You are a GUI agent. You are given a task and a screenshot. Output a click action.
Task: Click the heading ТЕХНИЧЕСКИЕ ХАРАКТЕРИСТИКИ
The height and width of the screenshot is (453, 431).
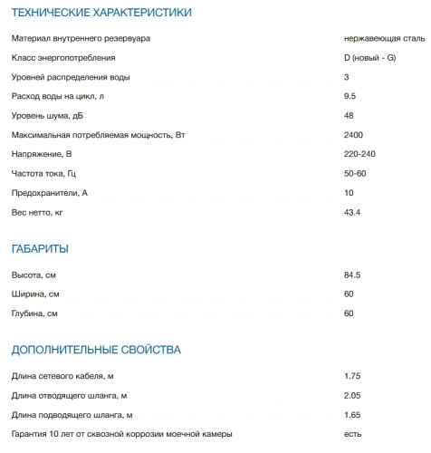pyautogui.click(x=101, y=13)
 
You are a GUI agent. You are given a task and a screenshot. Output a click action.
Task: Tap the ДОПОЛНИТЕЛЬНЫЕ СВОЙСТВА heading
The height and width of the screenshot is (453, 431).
pyautogui.click(x=95, y=349)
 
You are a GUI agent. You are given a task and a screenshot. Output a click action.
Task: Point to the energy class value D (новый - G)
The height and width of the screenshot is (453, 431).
pyautogui.click(x=369, y=57)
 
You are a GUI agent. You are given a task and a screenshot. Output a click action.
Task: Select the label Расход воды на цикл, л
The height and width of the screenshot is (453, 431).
pyautogui.click(x=58, y=96)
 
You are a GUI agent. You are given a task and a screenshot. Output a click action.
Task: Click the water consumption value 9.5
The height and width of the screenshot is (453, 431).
pyautogui.click(x=350, y=96)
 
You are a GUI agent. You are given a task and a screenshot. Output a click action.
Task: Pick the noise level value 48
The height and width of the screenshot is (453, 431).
pyautogui.click(x=349, y=115)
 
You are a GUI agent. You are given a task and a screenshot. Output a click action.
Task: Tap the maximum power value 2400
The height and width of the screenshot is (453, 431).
pyautogui.click(x=353, y=135)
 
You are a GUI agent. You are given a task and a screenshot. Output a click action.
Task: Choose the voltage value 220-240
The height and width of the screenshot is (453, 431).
pyautogui.click(x=359, y=154)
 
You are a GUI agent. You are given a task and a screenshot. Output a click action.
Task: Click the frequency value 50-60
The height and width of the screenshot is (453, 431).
pyautogui.click(x=355, y=173)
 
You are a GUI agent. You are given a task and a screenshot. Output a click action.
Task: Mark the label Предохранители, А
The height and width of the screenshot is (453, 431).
pyautogui.click(x=49, y=193)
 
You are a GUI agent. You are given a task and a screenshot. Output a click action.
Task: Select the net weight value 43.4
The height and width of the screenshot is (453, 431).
pyautogui.click(x=352, y=212)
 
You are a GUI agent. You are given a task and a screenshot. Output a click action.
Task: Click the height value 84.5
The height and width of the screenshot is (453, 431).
pyautogui.click(x=352, y=275)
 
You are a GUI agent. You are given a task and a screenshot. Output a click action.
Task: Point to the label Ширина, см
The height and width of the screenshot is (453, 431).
pyautogui.click(x=35, y=294)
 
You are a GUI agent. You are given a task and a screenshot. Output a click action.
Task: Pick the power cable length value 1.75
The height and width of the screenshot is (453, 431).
pyautogui.click(x=352, y=376)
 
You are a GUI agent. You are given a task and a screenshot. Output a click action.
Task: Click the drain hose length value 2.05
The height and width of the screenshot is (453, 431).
pyautogui.click(x=352, y=395)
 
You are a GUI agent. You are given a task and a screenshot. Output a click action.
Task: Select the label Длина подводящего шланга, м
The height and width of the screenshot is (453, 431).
pyautogui.click(x=72, y=415)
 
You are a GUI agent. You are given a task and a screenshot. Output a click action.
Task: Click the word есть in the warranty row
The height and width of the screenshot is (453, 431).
pyautogui.click(x=352, y=434)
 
